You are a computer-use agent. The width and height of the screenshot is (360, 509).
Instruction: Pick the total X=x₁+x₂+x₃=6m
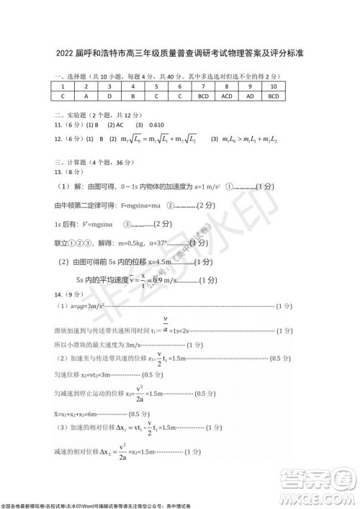pos(78,413)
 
